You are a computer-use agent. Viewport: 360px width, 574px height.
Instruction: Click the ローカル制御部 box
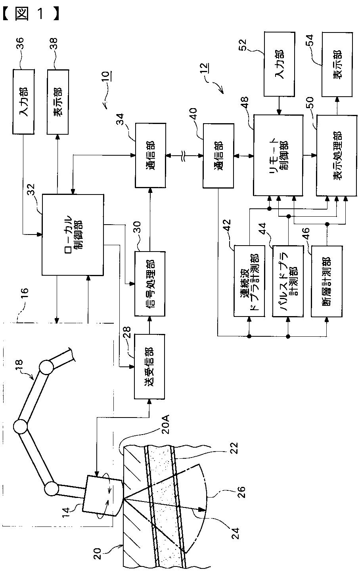(x=73, y=235)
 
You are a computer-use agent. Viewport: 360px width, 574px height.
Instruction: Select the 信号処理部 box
(x=150, y=284)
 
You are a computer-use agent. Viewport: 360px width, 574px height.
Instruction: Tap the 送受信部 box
(x=149, y=367)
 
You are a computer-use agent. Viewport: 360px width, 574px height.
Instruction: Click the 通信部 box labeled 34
(x=150, y=155)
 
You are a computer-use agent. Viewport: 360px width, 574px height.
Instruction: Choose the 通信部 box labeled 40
(x=218, y=156)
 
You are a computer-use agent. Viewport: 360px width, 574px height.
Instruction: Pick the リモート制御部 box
(x=278, y=156)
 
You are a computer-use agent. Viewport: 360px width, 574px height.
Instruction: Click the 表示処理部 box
(x=337, y=156)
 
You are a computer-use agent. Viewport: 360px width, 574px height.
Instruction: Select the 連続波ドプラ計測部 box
(x=249, y=281)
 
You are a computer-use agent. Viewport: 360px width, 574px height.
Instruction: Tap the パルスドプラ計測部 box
(x=288, y=281)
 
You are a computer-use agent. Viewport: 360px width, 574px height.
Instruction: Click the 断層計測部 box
(x=327, y=282)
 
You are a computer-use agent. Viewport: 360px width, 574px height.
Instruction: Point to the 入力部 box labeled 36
(x=23, y=102)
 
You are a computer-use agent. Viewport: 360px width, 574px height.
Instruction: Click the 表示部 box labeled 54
(x=337, y=65)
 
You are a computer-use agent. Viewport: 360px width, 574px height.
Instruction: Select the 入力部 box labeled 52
(x=280, y=64)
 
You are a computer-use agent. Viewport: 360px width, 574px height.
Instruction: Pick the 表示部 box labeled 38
(x=58, y=102)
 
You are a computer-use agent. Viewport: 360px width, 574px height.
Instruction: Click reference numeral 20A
(x=166, y=425)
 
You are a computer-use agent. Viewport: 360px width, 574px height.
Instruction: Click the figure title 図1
(x=31, y=13)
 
